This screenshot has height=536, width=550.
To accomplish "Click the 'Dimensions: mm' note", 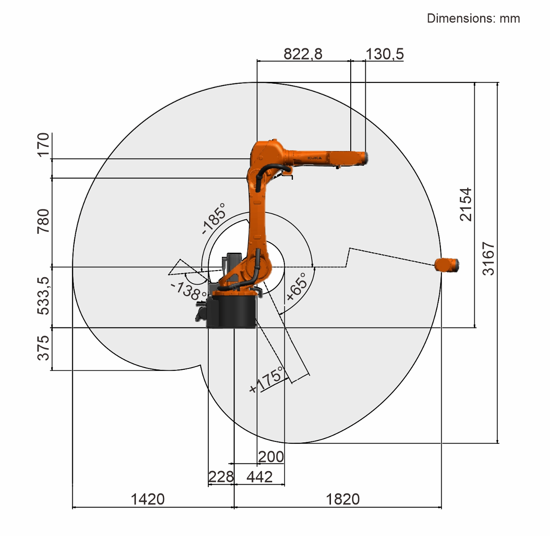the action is [x=473, y=18].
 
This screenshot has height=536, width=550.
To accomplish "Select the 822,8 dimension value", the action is [x=303, y=54].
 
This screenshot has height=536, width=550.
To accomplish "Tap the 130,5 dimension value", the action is [x=385, y=54].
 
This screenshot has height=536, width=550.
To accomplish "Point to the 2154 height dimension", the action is [x=466, y=204].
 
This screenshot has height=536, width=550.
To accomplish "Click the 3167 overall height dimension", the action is [x=488, y=258].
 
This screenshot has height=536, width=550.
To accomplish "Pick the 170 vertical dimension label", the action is [x=43, y=145].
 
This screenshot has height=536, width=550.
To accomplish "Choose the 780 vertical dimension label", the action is [x=43, y=221].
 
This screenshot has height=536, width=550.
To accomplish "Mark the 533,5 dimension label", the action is [x=43, y=296].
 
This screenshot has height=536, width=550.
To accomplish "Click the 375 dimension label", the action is [x=43, y=348].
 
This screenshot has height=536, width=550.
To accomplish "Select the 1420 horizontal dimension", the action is [x=147, y=499].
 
